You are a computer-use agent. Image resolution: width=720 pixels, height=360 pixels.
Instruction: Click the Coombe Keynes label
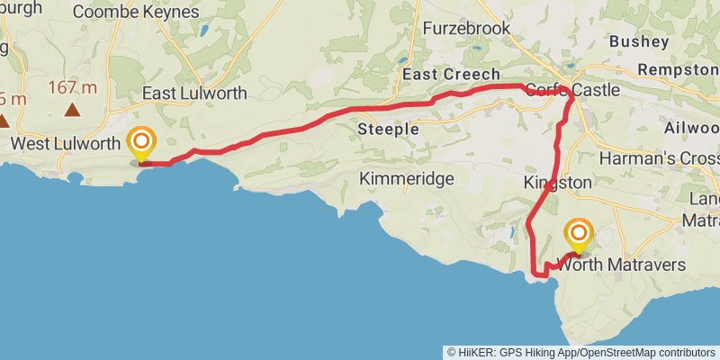(x=135, y=12)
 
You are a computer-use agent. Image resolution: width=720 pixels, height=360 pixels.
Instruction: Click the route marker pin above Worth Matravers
(x=578, y=236)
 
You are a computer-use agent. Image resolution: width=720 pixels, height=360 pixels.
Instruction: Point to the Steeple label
(x=389, y=130)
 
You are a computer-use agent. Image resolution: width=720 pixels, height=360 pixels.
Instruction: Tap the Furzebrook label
(x=468, y=29)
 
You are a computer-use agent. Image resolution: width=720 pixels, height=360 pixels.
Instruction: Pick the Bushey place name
(x=639, y=41)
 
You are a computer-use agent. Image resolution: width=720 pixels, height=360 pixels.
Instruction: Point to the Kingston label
(x=557, y=183)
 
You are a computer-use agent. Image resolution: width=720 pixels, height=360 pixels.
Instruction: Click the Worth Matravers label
(x=622, y=265)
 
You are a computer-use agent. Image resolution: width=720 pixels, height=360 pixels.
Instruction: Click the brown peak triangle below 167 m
(x=71, y=111)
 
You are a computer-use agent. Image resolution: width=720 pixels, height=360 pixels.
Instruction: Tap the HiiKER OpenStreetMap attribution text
(x=582, y=352)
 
